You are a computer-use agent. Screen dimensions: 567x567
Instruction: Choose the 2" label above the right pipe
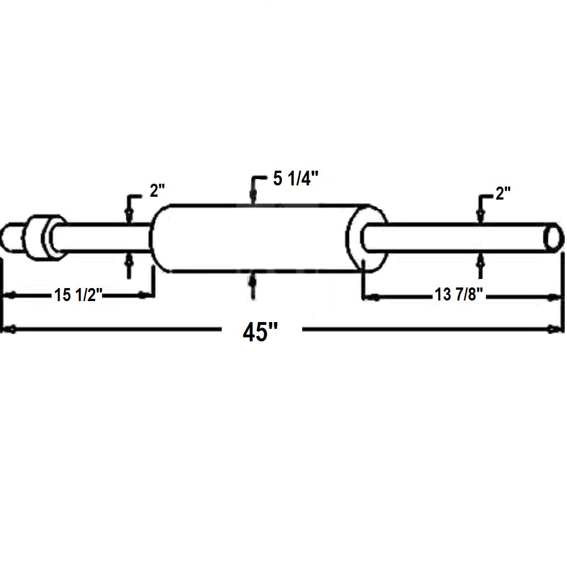click(503, 194)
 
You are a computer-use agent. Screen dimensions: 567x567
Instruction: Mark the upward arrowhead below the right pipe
click(481, 260)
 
